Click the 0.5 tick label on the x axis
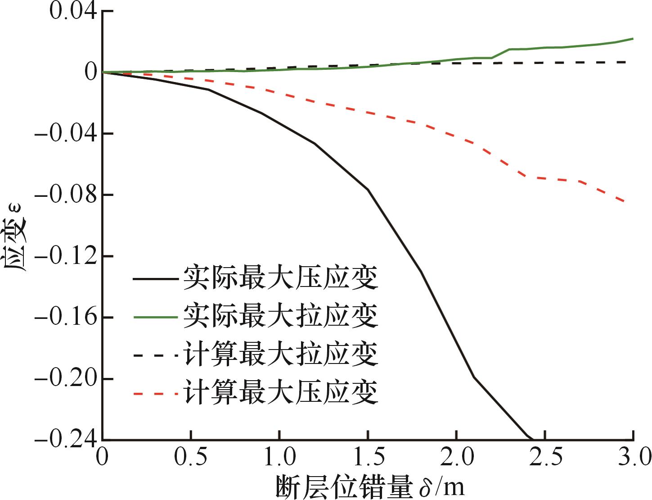click(191, 459)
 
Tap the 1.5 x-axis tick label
click(368, 459)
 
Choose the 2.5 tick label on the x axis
click(545, 459)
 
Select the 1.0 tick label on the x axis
click(279, 459)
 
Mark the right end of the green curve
click(633, 39)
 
